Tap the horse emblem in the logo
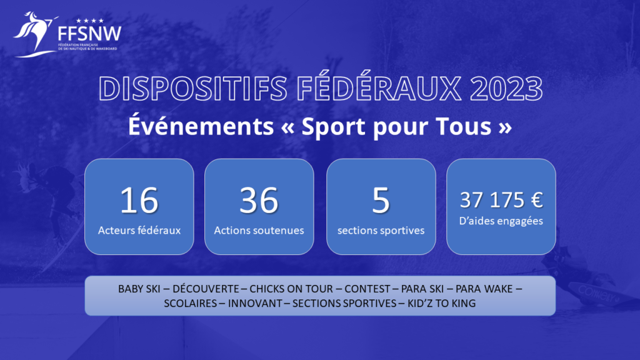point(35,34)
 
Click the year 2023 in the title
point(506,88)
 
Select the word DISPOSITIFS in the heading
point(193,88)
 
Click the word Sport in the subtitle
point(334,126)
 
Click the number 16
point(139,200)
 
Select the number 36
point(259,200)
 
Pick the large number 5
point(381,200)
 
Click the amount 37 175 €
point(501,200)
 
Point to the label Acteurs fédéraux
point(139,230)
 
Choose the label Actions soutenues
point(259,230)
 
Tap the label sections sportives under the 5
point(381,231)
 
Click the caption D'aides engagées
point(501,221)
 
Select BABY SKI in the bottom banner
point(139,289)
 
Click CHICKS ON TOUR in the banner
point(291,289)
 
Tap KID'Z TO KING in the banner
point(442,303)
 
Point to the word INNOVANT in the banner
point(255,303)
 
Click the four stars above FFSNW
point(90,21)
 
